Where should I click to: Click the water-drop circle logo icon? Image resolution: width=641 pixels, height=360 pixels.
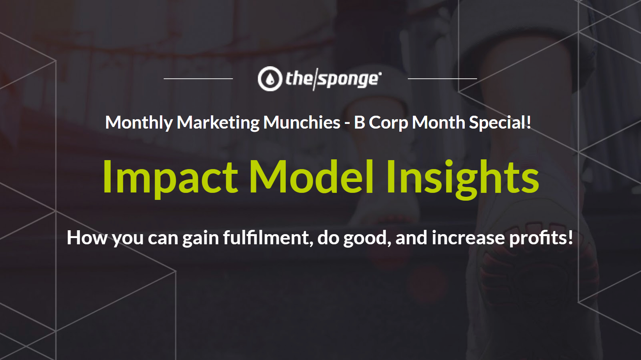[270, 79]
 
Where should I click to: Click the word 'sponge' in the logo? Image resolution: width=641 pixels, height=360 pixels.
[349, 79]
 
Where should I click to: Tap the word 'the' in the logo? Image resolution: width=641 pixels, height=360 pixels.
[299, 78]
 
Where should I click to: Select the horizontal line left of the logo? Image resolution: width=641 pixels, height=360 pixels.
[198, 79]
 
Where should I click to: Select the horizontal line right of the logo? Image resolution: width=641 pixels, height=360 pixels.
[443, 79]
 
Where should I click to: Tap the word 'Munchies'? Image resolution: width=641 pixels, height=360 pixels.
[302, 123]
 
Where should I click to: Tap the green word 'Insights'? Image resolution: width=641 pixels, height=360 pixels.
[463, 179]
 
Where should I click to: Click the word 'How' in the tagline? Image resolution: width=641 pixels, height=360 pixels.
[87, 238]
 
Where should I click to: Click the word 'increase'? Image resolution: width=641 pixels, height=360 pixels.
[468, 238]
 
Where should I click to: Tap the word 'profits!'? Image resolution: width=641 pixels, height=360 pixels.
[541, 238]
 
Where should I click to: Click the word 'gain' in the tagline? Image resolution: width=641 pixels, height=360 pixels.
[200, 239]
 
